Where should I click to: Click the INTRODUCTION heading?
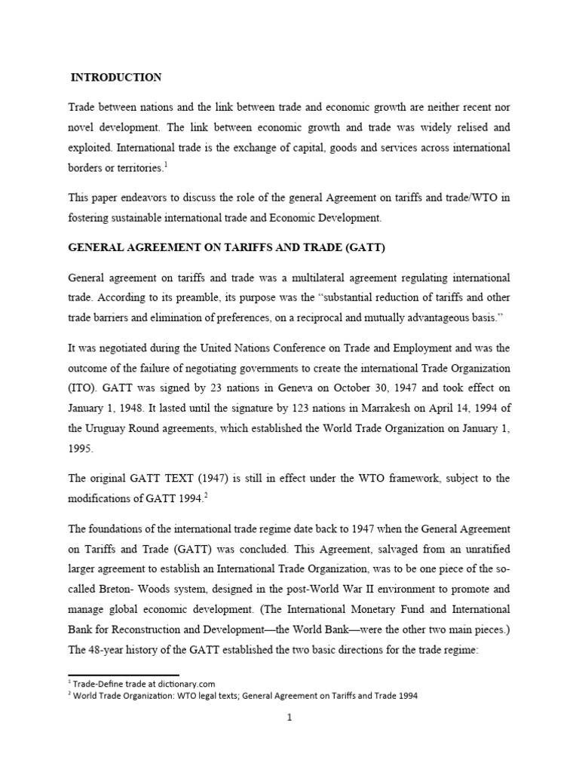[x=116, y=77]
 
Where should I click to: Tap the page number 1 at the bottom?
[x=289, y=718]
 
